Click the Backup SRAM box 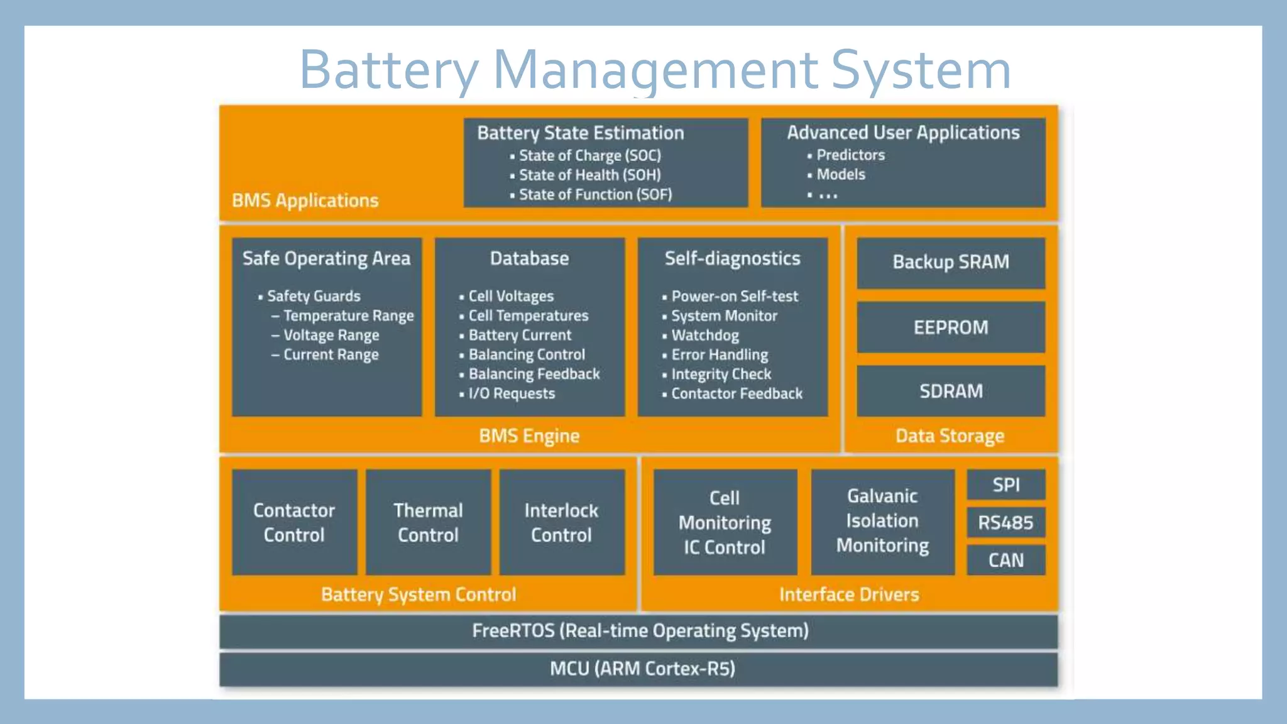pos(950,262)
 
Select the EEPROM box pos(950,327)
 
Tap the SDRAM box pos(950,391)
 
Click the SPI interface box pos(1005,485)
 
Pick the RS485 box pos(1005,522)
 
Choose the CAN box pos(1005,560)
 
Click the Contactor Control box pos(294,522)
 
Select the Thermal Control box pos(428,522)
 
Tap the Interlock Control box pos(561,522)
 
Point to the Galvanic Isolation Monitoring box pos(882,521)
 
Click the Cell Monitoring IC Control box pos(725,522)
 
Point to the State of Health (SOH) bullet pos(589,175)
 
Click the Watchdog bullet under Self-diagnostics pos(704,335)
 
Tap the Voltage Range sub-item pos(331,335)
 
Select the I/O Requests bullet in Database pos(512,393)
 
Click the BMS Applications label pos(305,200)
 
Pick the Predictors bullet pos(850,155)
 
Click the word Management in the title pos(655,70)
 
